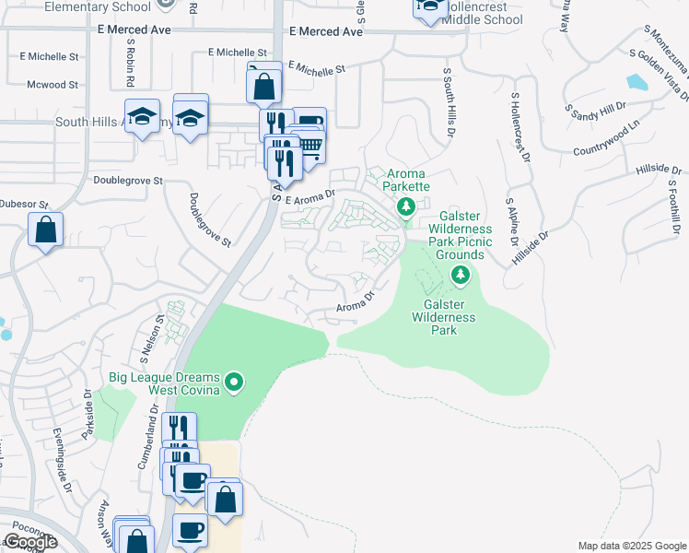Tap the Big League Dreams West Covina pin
(234, 381)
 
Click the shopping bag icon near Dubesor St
(45, 229)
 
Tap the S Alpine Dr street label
(508, 225)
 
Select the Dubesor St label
(21, 204)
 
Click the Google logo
(29, 542)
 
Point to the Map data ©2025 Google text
(631, 546)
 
